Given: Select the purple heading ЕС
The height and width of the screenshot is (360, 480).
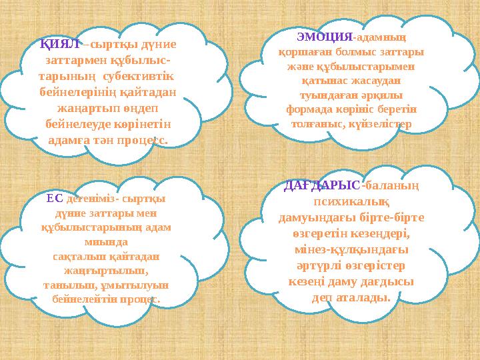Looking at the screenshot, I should click(x=55, y=197).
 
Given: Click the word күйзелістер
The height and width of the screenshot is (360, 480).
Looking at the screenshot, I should click(x=381, y=124).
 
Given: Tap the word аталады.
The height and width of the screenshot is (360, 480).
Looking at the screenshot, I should click(x=365, y=297).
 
